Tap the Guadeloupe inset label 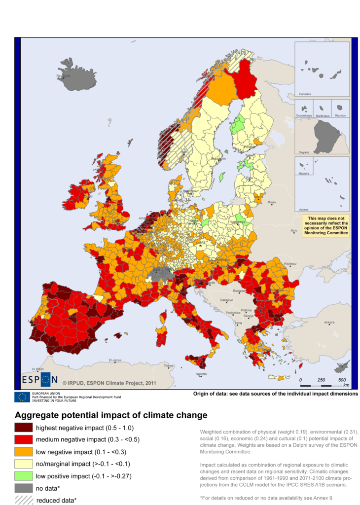(304, 116)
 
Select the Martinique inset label (322, 116)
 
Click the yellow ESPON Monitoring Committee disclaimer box (325, 226)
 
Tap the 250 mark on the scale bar (321, 380)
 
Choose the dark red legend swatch (24, 427)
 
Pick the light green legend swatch (24, 476)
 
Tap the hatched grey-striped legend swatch (24, 500)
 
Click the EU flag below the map (22, 397)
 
